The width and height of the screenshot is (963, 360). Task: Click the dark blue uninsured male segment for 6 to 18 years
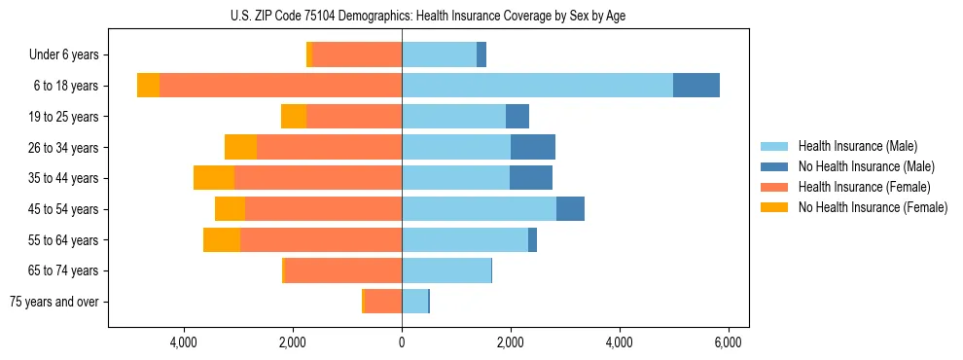(696, 86)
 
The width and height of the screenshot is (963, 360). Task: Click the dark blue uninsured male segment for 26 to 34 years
(533, 147)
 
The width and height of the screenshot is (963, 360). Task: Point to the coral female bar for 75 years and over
(383, 302)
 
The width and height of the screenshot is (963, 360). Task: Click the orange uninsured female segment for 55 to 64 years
(222, 239)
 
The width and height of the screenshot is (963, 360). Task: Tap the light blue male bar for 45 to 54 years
(479, 209)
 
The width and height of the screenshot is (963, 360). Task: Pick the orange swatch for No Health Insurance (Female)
(775, 207)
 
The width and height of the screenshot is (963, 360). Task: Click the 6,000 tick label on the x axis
(729, 342)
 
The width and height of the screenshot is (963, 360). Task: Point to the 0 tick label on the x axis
(402, 342)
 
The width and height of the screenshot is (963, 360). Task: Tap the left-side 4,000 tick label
(184, 342)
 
